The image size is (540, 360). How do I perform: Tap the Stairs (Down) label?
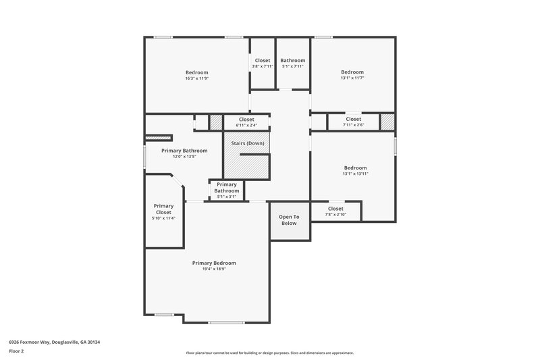pos(247,143)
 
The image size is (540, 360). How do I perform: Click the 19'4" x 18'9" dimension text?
pos(214,269)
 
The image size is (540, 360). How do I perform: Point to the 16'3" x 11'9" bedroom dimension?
pos(196,78)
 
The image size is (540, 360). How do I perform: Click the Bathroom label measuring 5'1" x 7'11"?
pos(292,60)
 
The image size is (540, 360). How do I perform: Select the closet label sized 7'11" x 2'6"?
pos(353,119)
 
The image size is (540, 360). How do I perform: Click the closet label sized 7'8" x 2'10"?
pos(335,209)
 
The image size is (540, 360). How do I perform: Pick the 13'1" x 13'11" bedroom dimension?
pos(355,174)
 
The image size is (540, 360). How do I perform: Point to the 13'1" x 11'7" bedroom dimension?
pos(352,78)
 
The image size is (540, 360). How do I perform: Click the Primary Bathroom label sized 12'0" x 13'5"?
pos(184,151)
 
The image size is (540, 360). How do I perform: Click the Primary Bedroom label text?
pos(214,263)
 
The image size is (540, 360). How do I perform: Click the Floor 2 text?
pos(16,351)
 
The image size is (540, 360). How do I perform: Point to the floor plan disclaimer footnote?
pos(269,353)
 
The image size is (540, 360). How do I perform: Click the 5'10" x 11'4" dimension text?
pos(163,218)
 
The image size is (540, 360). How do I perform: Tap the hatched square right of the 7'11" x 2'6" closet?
pos(387,122)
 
